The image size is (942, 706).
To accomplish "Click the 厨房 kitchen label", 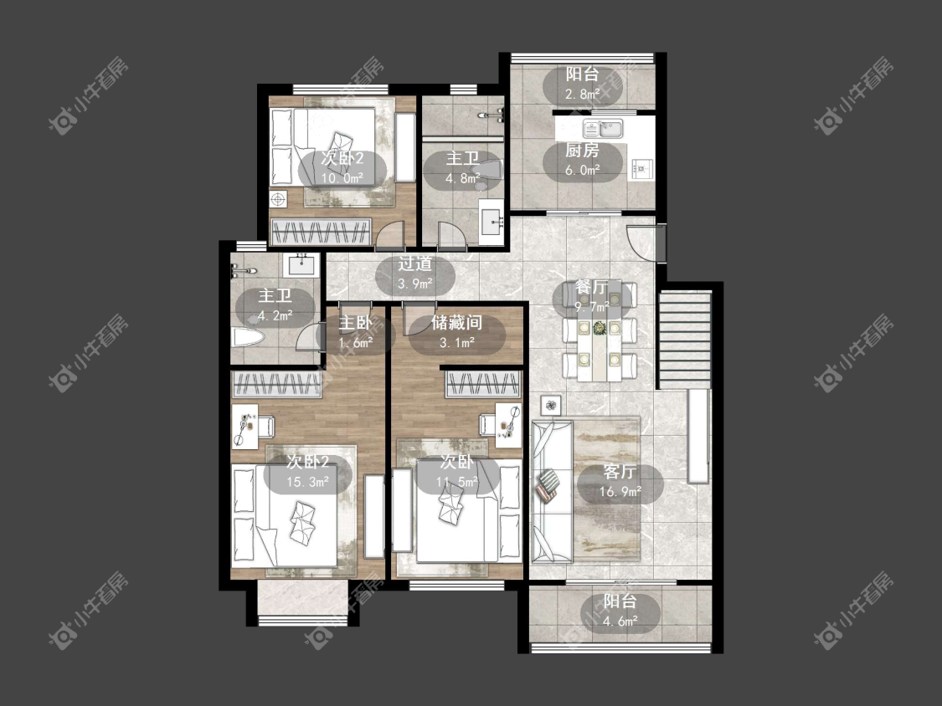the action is (582, 150).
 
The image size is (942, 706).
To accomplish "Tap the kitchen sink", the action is (603, 129).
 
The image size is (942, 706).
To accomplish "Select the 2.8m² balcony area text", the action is (582, 94).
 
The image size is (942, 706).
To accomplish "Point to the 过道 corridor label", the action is (414, 263).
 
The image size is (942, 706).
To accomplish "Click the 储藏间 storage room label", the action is (456, 323).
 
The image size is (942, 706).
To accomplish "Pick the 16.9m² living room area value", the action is (620, 492).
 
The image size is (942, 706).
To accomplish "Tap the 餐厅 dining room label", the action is (592, 287).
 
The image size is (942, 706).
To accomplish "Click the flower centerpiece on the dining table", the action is (599, 328).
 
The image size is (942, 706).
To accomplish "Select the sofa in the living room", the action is (552, 491).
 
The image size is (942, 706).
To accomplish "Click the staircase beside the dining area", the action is (685, 340).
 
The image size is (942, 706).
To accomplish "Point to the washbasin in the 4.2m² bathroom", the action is (302, 264).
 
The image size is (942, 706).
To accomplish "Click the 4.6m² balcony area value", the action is (620, 622).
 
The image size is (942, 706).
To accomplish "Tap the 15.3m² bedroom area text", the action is (307, 482).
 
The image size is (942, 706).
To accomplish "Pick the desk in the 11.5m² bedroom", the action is (508, 425).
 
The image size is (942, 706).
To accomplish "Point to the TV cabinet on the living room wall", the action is (698, 436).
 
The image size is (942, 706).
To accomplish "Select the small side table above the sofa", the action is (550, 405).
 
